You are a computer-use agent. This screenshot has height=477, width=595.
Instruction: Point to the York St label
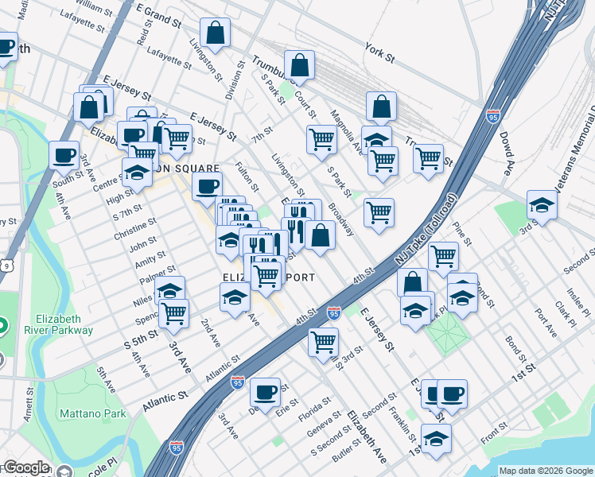pos(379,52)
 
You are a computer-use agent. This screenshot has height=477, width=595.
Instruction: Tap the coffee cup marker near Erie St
pos(265,392)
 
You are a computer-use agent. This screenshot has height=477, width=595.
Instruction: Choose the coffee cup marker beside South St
pos(64,156)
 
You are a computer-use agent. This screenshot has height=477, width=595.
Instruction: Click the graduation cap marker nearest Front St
pos(436,440)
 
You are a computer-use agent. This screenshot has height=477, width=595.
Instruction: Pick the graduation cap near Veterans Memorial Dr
pos(542,205)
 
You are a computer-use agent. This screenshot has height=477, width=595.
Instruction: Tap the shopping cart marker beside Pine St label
pos(443,257)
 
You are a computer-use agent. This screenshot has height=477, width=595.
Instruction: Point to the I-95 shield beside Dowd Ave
pos(493,116)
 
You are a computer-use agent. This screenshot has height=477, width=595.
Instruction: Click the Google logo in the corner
pos(26,467)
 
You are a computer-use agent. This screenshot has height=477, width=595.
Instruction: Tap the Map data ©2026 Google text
pos(546,471)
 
